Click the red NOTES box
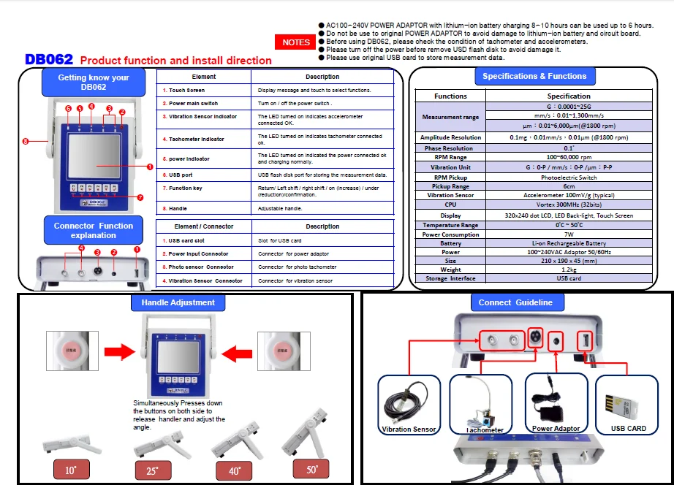[x=296, y=42]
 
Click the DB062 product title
[x=49, y=60]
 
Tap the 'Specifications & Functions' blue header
[x=534, y=76]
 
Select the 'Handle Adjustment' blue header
[x=178, y=302]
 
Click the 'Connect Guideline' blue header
[x=515, y=302]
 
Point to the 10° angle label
[x=70, y=470]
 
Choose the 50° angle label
[x=313, y=470]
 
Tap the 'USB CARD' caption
[x=628, y=429]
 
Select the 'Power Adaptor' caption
[x=556, y=429]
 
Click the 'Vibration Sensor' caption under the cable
[x=409, y=429]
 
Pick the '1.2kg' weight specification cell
[x=568, y=270]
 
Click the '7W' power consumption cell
[x=568, y=234]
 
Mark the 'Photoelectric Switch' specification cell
[x=568, y=177]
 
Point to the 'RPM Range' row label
[x=450, y=157]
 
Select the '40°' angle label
[x=235, y=471]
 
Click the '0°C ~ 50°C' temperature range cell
[x=568, y=225]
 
